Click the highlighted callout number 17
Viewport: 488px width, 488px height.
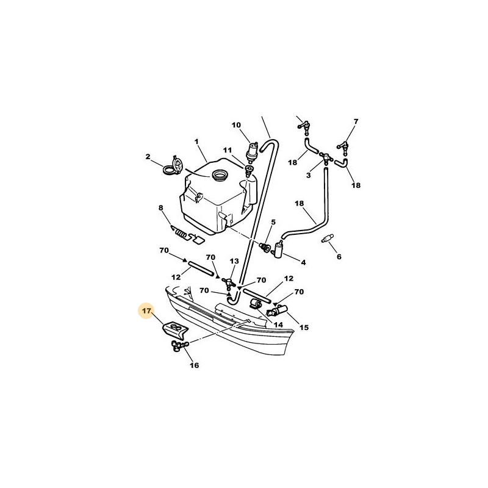(x=146, y=310)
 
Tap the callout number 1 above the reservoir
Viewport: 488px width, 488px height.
(x=196, y=142)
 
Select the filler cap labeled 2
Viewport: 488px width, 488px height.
(x=173, y=165)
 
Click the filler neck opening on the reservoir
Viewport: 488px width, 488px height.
(x=220, y=174)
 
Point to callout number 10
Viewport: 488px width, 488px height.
(x=236, y=125)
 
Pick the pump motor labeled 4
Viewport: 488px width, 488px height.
(x=279, y=249)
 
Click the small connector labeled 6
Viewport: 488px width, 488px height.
(x=327, y=239)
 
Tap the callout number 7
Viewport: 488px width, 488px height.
(x=356, y=121)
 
